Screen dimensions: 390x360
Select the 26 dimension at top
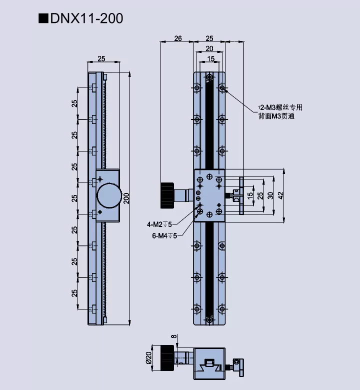[177, 38]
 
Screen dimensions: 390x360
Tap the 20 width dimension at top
[209, 48]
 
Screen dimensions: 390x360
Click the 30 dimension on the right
[270, 194]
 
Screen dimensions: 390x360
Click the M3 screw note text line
[280, 107]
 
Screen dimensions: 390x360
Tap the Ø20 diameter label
[148, 358]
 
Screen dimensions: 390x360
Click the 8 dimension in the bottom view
[174, 337]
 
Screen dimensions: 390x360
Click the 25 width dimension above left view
[101, 59]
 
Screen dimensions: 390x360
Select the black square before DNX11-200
[43, 19]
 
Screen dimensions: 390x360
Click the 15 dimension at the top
[210, 59]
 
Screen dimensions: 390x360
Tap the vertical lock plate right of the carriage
[241, 195]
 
